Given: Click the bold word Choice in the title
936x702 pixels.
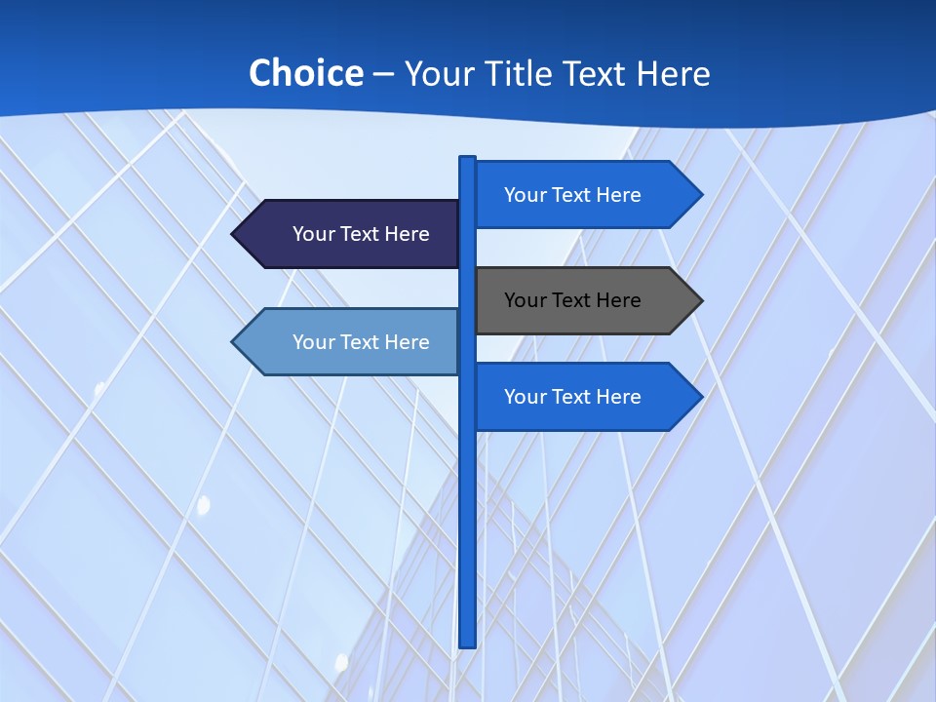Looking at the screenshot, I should tap(305, 73).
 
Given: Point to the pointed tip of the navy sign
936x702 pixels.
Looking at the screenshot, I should tap(234, 234).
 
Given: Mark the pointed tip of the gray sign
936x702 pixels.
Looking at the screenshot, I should tap(700, 300).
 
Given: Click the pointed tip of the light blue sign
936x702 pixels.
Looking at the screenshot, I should tap(234, 342).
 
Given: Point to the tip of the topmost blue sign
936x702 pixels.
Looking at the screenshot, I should tap(700, 195).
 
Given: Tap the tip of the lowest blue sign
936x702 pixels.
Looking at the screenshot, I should tap(700, 397).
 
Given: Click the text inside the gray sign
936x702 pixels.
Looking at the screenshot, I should tap(572, 300).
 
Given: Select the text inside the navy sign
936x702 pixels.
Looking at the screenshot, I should tap(361, 234).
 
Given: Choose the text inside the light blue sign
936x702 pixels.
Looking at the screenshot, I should tap(361, 342).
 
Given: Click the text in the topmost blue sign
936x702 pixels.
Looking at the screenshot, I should tap(572, 195).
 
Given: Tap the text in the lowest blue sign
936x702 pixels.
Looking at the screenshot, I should tap(572, 397).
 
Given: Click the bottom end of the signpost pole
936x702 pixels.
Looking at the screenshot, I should tap(468, 643).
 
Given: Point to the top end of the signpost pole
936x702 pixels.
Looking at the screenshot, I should tap(468, 159).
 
